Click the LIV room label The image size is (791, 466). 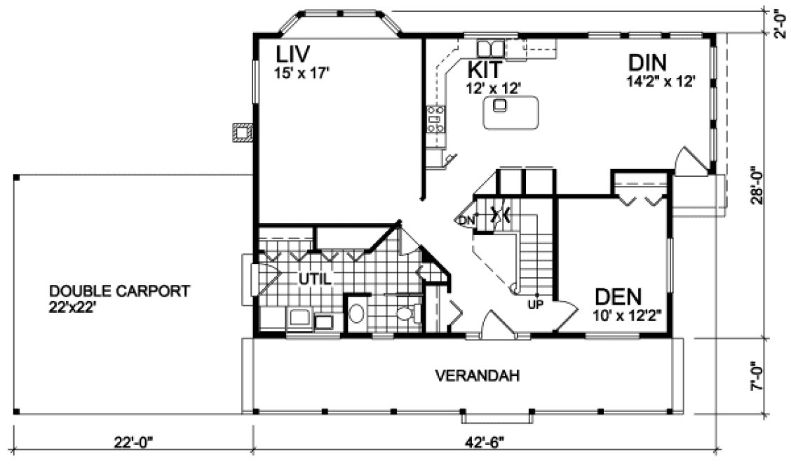coord(292,53)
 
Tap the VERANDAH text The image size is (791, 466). coord(477,375)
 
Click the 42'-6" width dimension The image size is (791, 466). coord(483,442)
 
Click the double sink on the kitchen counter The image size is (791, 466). coord(491,48)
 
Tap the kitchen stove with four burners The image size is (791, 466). coord(435,120)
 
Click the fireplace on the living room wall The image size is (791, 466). coord(243,133)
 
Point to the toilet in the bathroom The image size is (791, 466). coord(406,313)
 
